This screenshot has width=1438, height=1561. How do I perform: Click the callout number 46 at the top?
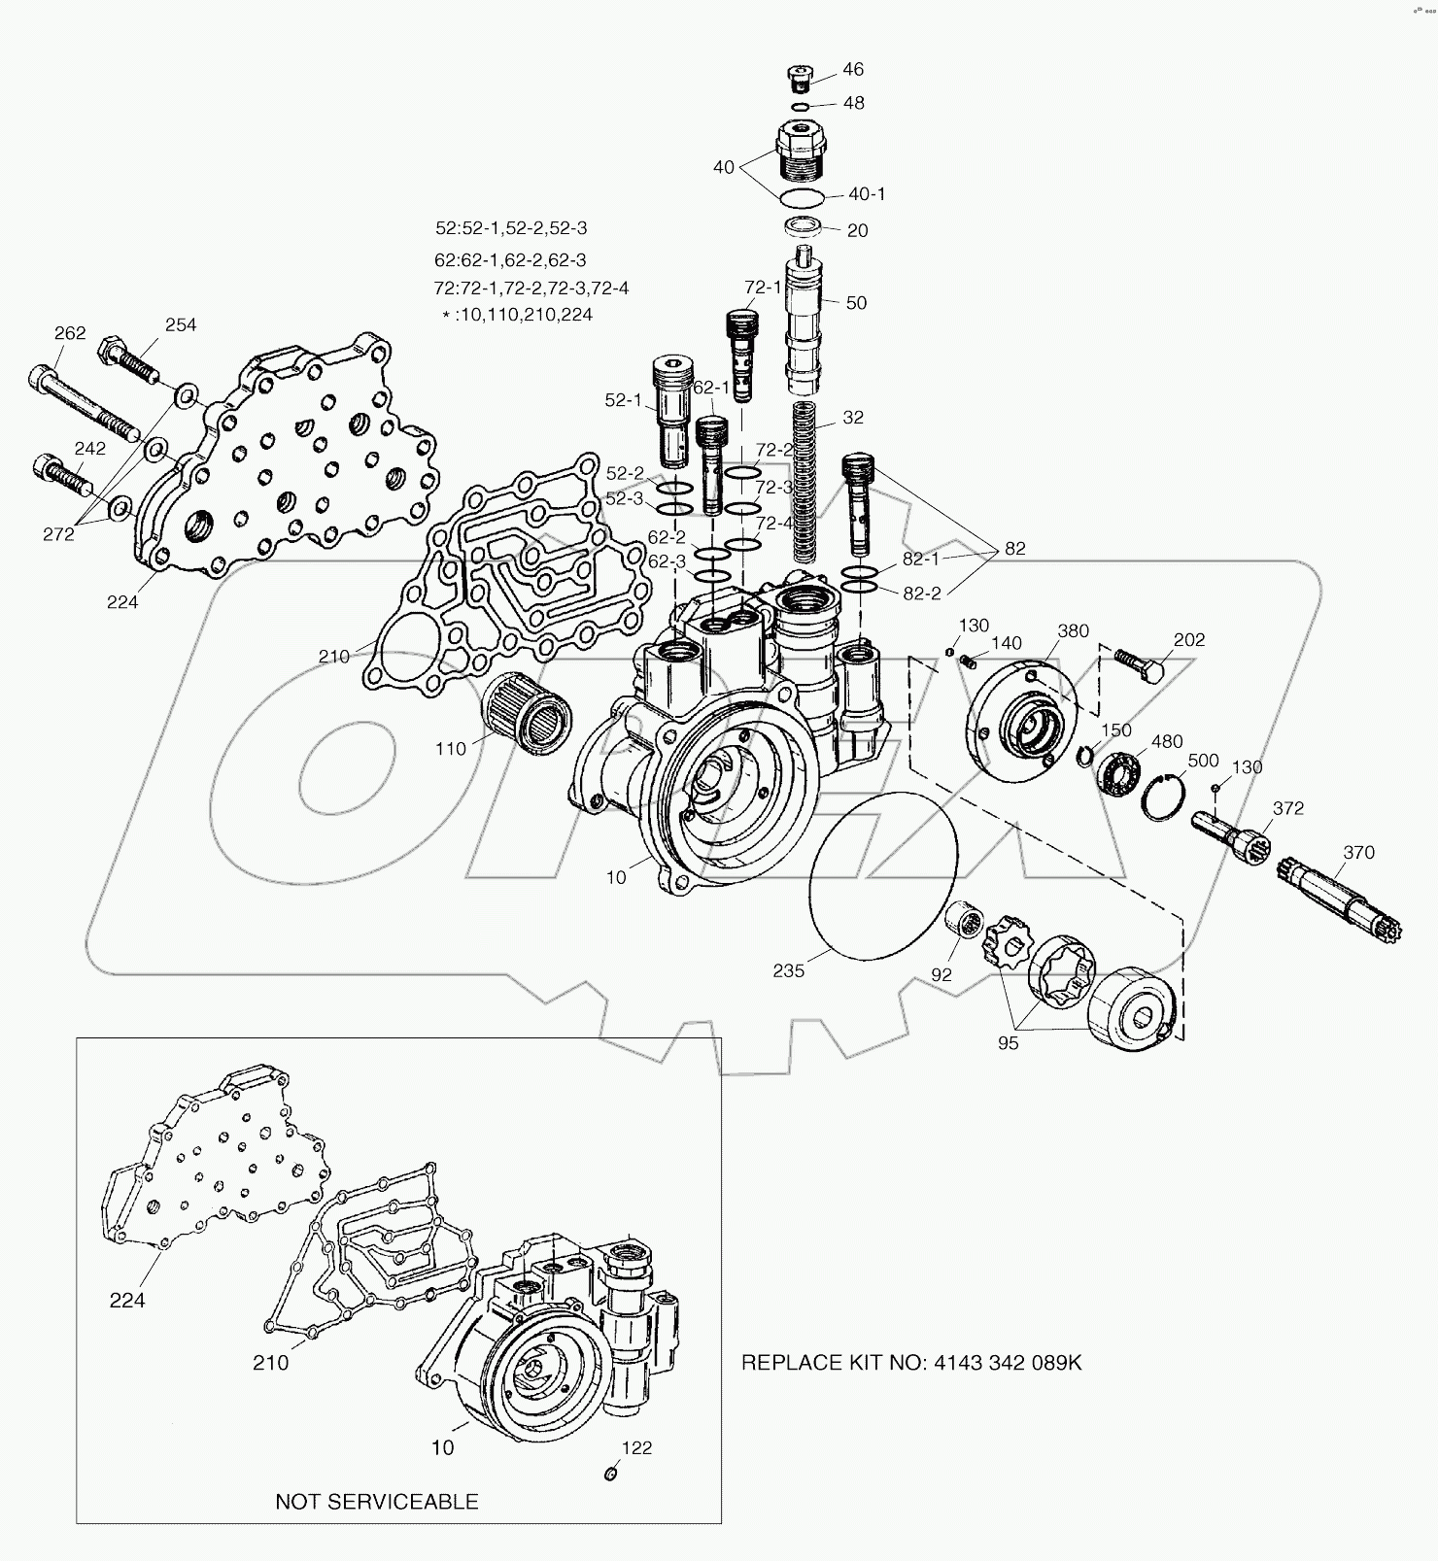(852, 69)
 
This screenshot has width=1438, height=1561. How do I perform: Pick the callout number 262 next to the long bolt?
(70, 332)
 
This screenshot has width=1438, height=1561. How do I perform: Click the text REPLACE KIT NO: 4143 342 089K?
(910, 1362)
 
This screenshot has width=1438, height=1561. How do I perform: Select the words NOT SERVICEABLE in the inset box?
(377, 1501)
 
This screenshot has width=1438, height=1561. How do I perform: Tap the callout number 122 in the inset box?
(637, 1447)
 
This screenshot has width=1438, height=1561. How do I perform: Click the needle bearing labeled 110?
(525, 715)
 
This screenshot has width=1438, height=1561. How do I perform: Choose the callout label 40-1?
(867, 194)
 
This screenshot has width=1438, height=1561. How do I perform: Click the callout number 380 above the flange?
(1073, 631)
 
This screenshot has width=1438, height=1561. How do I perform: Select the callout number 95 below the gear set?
(1008, 1043)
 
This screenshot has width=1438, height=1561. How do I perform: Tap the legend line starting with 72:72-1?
(531, 288)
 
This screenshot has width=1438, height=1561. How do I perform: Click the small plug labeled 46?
(798, 76)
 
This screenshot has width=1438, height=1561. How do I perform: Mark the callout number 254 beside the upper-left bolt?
(181, 324)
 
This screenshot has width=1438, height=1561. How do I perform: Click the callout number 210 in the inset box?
(270, 1362)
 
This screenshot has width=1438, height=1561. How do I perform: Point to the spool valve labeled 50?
(805, 316)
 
